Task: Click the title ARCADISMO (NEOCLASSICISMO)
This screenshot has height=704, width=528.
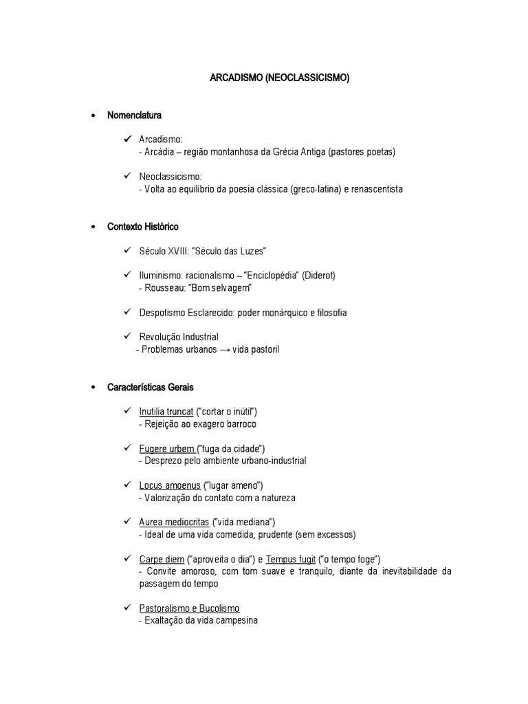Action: click(x=280, y=79)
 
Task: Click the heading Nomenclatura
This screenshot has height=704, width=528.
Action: click(x=135, y=115)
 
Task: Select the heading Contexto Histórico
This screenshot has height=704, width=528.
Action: click(x=143, y=226)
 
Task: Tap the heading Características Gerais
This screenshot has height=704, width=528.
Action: click(x=151, y=387)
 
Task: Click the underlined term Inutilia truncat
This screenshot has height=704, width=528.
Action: click(x=166, y=411)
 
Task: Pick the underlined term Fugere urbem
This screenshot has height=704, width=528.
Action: click(x=167, y=448)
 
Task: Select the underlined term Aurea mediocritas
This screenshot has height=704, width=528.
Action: click(x=173, y=522)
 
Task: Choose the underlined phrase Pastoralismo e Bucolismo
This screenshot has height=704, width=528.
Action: click(x=189, y=608)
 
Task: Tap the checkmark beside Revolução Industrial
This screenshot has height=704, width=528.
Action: click(x=128, y=336)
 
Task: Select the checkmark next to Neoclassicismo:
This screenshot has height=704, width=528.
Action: click(x=128, y=177)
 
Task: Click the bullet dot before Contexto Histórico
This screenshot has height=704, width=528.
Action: click(x=93, y=227)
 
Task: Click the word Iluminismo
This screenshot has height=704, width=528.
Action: click(x=161, y=275)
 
